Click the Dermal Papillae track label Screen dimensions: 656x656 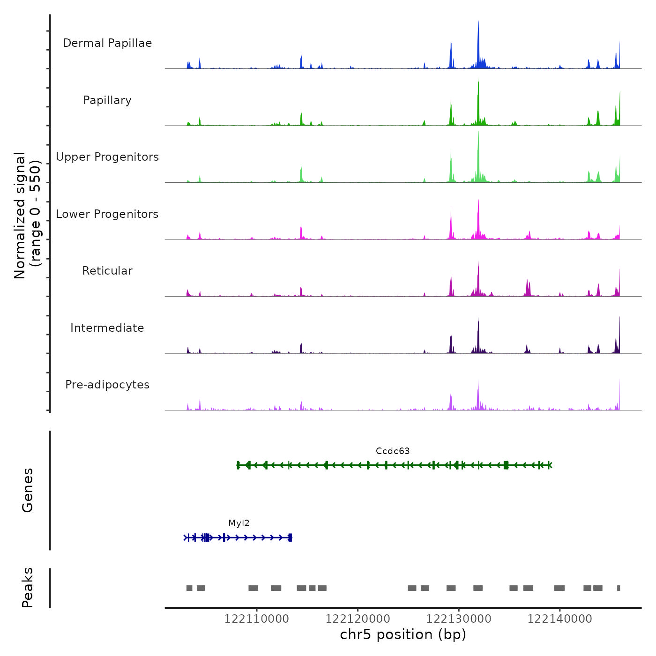(x=107, y=43)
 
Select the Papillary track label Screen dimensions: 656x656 (x=107, y=100)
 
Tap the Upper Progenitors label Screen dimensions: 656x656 (x=107, y=157)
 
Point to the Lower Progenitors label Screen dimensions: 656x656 (x=107, y=214)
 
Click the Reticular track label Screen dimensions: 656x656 (x=107, y=271)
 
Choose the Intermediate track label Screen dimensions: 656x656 (x=107, y=328)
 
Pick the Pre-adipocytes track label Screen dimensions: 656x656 (x=107, y=385)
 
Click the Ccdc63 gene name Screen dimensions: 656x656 (x=393, y=451)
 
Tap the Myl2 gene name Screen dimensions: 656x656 (x=239, y=523)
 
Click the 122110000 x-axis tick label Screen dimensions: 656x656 (x=257, y=619)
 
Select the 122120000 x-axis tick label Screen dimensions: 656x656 (x=358, y=619)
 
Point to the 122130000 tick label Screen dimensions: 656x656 (x=459, y=619)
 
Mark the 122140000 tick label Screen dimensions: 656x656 (x=560, y=619)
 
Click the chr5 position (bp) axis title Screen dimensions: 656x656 (x=403, y=634)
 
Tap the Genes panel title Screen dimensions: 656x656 (x=28, y=490)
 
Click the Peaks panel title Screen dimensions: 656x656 (x=28, y=588)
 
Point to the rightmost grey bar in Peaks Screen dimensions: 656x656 (x=619, y=588)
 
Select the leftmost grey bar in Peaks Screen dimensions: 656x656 (x=189, y=588)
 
